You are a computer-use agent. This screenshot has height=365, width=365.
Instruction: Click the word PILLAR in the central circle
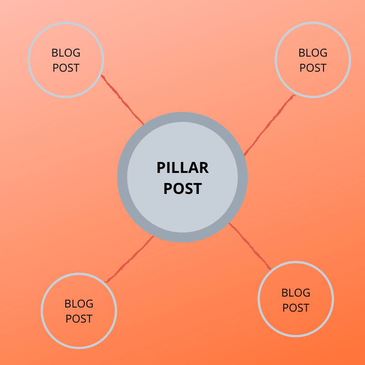click(x=182, y=168)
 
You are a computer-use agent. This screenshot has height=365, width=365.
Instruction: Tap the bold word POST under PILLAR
click(x=182, y=188)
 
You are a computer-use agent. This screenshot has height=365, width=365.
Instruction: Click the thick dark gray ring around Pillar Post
click(x=122, y=177)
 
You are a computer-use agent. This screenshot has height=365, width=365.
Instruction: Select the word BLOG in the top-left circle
click(x=66, y=53)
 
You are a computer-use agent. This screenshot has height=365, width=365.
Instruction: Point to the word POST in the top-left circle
click(x=66, y=68)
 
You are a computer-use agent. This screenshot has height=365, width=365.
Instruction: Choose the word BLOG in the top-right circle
click(x=313, y=53)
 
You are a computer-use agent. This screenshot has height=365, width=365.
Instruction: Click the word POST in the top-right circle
click(x=313, y=68)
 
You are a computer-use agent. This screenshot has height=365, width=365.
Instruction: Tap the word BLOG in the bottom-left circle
click(x=79, y=304)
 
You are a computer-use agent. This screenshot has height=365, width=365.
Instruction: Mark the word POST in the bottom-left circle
click(x=79, y=319)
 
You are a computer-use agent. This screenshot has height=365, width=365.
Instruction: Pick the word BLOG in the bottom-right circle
click(x=296, y=293)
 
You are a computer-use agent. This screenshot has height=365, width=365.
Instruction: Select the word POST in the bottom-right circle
click(x=296, y=308)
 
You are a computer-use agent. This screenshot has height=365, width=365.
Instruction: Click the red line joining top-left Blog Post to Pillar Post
click(x=122, y=99)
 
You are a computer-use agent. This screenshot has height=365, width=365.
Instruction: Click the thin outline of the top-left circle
click(x=29, y=59)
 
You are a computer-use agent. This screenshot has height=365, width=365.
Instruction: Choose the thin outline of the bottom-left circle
click(x=42, y=310)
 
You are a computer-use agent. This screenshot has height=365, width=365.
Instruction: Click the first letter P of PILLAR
click(x=160, y=168)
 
